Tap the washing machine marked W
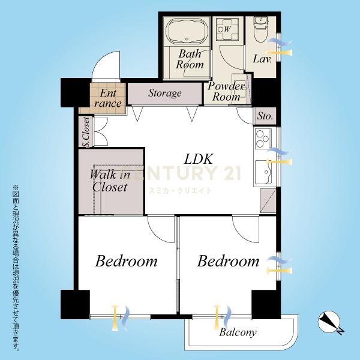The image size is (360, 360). [227, 29]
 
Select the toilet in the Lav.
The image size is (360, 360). [261, 29]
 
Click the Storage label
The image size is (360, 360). [165, 93]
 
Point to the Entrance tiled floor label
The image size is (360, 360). [107, 98]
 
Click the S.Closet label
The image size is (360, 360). [86, 132]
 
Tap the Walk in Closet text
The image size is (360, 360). [110, 181]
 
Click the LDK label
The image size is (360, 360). [199, 159]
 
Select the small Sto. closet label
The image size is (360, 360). [265, 116]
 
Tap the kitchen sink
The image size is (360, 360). [263, 172]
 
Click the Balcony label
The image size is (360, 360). [238, 332]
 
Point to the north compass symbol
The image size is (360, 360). [329, 323]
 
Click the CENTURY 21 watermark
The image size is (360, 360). [186, 173]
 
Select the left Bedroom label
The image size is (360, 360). [126, 261]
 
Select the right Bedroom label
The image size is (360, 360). [228, 261]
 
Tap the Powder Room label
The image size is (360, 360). [226, 91]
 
